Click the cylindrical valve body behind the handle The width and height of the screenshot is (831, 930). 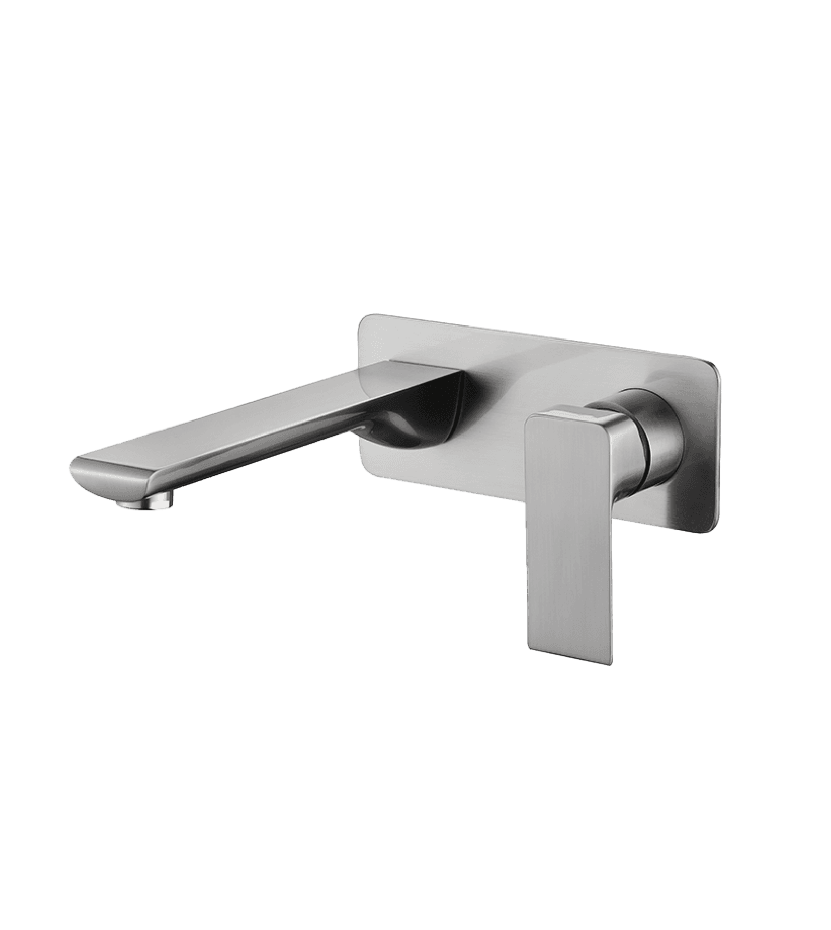pyautogui.click(x=658, y=443)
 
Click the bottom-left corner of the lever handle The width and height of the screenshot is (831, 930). pyautogui.click(x=530, y=648)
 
